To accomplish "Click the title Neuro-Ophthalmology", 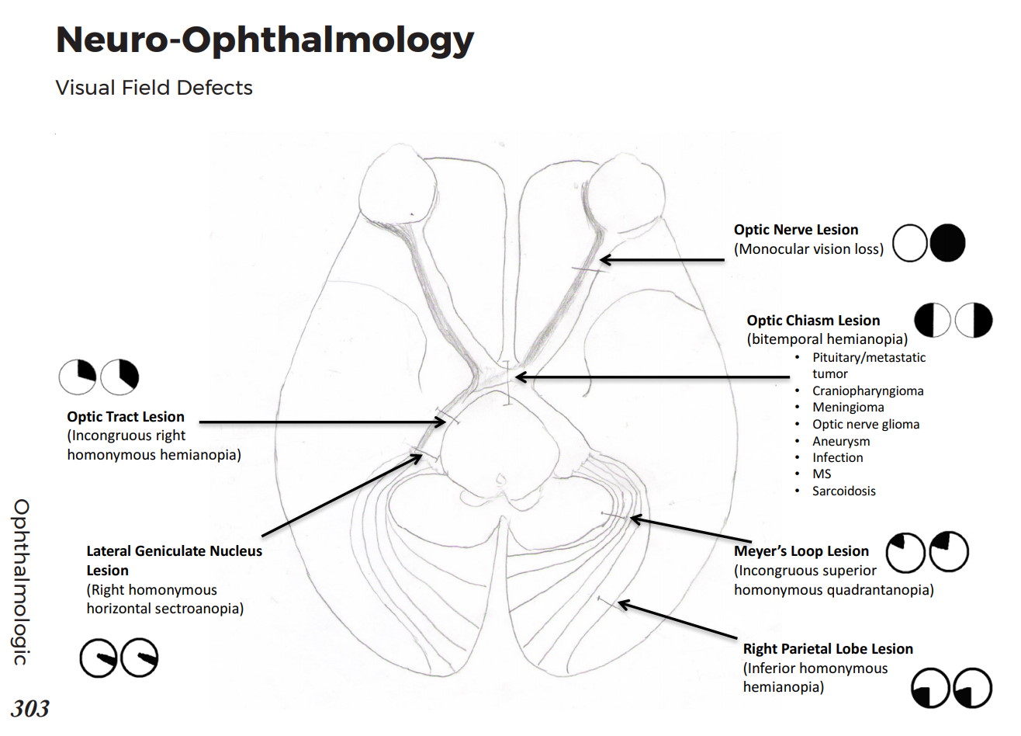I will (x=265, y=40).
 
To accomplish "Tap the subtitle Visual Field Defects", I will (x=154, y=87).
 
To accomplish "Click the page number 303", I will (x=30, y=708).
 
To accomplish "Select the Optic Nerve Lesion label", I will (x=796, y=230).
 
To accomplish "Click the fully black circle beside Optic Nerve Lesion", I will (x=947, y=243).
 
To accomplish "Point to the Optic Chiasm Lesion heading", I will (x=813, y=321).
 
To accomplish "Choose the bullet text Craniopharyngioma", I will (x=867, y=391).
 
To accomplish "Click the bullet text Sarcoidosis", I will (x=843, y=491).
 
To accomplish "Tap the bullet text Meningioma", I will (x=848, y=407).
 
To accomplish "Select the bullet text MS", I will (x=822, y=474).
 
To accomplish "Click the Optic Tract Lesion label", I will (x=126, y=417).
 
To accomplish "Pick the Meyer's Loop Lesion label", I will (x=801, y=551).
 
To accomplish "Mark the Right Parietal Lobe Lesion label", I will (x=828, y=649).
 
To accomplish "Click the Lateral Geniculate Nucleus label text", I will (x=174, y=551).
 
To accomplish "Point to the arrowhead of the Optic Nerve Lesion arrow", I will (x=603, y=260).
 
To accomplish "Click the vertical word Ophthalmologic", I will (x=21, y=582).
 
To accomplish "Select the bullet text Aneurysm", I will (x=841, y=441).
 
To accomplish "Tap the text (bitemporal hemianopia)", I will (x=827, y=339).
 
